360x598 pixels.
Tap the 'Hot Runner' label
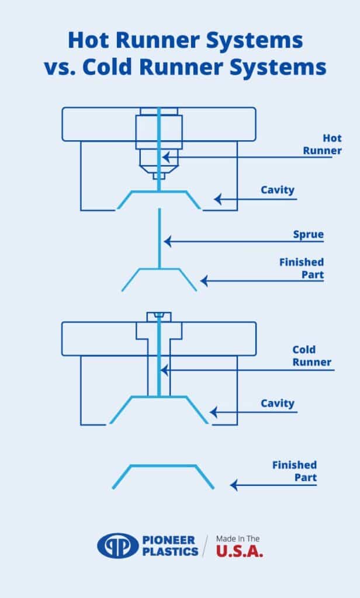(322, 144)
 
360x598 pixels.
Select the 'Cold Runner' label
(312, 356)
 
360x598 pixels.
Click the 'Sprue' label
(308, 234)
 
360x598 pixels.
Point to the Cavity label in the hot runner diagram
(278, 190)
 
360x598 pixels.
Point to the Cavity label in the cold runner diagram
(278, 403)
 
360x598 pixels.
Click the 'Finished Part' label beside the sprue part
(301, 268)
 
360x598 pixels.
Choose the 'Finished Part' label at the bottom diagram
(295, 471)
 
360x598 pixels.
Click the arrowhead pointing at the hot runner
(166, 157)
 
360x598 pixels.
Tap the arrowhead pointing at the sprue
(168, 241)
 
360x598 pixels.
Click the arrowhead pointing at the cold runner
(164, 370)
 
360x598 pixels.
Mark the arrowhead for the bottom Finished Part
(234, 485)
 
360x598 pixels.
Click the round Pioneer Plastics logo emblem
(118, 546)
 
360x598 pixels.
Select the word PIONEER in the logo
(168, 540)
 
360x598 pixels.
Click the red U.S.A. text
(240, 551)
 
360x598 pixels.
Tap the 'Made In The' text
(238, 539)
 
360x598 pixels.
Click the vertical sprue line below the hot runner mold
(160, 238)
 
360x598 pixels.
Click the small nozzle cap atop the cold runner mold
(159, 317)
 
